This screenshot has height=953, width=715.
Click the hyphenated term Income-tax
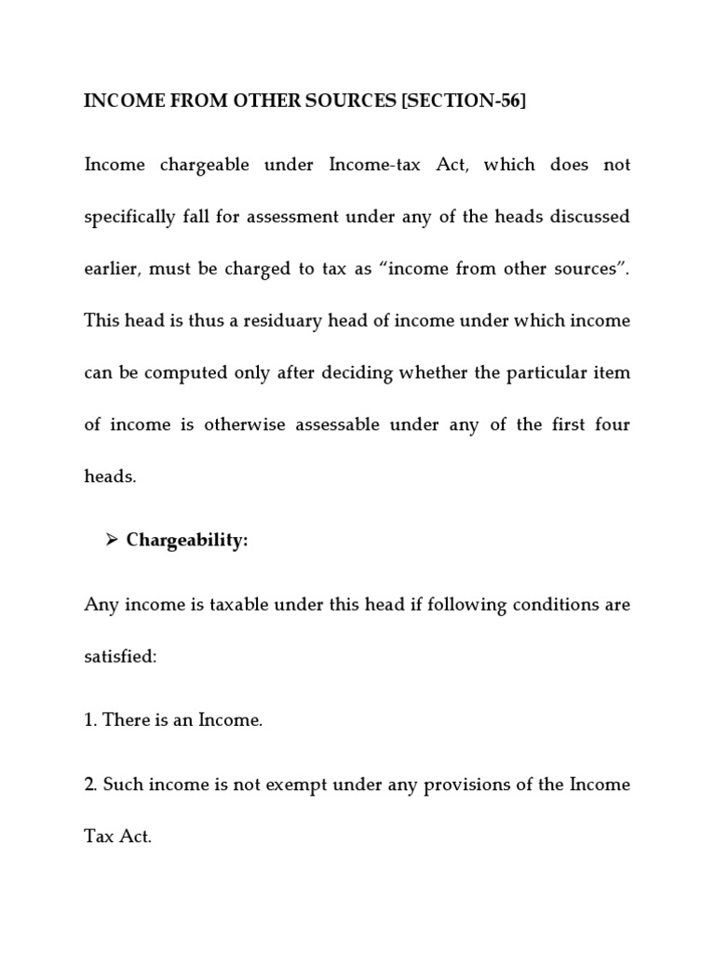pyautogui.click(x=376, y=165)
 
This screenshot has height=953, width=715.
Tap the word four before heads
pyautogui.click(x=612, y=425)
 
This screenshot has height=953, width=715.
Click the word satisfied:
pyautogui.click(x=121, y=656)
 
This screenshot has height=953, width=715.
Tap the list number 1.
pyautogui.click(x=90, y=719)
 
